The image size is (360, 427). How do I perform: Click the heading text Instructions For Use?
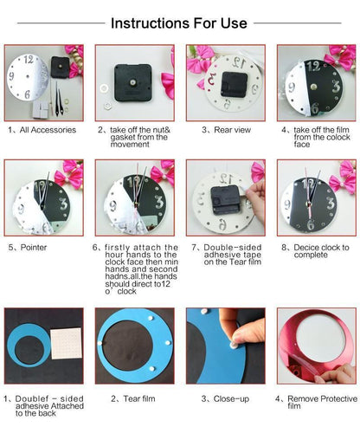coord(179,23)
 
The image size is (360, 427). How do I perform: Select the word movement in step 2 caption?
coord(129,145)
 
